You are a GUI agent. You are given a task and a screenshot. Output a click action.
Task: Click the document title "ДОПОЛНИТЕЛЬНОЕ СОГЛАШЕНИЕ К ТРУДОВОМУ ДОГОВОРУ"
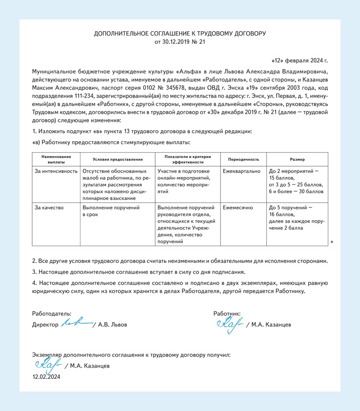(180, 34)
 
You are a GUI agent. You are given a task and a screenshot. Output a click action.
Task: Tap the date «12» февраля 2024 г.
(299, 61)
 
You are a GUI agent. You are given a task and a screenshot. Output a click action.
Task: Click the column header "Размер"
(297, 159)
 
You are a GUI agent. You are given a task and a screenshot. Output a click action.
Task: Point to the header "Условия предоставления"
(118, 159)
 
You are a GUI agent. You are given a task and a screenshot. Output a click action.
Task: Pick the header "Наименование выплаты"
(56, 159)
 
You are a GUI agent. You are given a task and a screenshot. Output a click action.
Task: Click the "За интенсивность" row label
(56, 172)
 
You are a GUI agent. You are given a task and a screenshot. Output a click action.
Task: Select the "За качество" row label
(49, 208)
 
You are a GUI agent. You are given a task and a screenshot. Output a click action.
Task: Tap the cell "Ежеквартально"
(241, 172)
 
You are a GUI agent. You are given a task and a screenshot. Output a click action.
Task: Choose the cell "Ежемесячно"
(238, 208)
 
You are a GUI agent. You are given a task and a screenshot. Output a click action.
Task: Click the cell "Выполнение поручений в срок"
(111, 211)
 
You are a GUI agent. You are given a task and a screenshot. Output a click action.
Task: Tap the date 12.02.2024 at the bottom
(46, 377)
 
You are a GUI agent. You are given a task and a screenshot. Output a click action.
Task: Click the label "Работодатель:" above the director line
(52, 313)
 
